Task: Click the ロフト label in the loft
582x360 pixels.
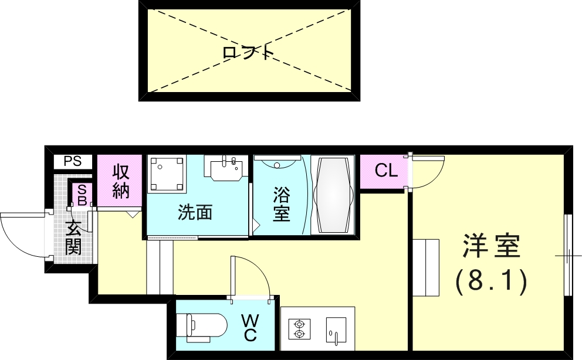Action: pos(249,53)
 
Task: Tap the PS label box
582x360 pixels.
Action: pos(73,161)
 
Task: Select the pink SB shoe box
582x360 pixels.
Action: pos(81,194)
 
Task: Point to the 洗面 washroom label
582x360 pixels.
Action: pos(195,212)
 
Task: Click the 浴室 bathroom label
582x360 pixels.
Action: pos(281,203)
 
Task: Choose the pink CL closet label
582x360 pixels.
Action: pos(386,171)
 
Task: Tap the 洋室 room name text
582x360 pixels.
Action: pos(492,246)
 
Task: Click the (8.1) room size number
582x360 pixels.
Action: pos(492,283)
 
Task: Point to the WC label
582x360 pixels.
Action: pos(250,327)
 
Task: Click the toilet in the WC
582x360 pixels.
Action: pos(205,327)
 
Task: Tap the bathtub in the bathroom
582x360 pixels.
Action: pos(333,194)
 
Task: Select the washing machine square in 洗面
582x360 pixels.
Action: pos(167,174)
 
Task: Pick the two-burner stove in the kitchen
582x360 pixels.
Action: pos(299,329)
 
